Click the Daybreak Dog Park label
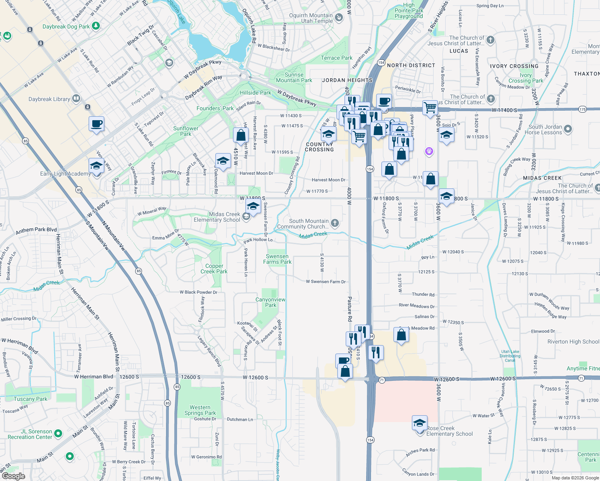tap(66, 26)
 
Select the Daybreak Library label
tap(49, 99)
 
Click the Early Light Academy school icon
tap(96, 166)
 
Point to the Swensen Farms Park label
tap(277, 259)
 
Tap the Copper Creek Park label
tap(214, 269)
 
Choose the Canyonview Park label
tap(271, 302)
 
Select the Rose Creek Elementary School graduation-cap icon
tap(420, 423)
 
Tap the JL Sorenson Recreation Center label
tap(30, 434)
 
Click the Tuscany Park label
tap(30, 399)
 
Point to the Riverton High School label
tap(573, 342)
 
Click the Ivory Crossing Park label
tap(526, 78)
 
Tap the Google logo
tap(13, 476)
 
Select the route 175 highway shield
tap(583, 109)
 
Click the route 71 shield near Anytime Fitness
tap(580, 379)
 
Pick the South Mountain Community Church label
tap(309, 224)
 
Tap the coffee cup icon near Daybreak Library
tap(96, 124)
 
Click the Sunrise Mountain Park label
tap(294, 77)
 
